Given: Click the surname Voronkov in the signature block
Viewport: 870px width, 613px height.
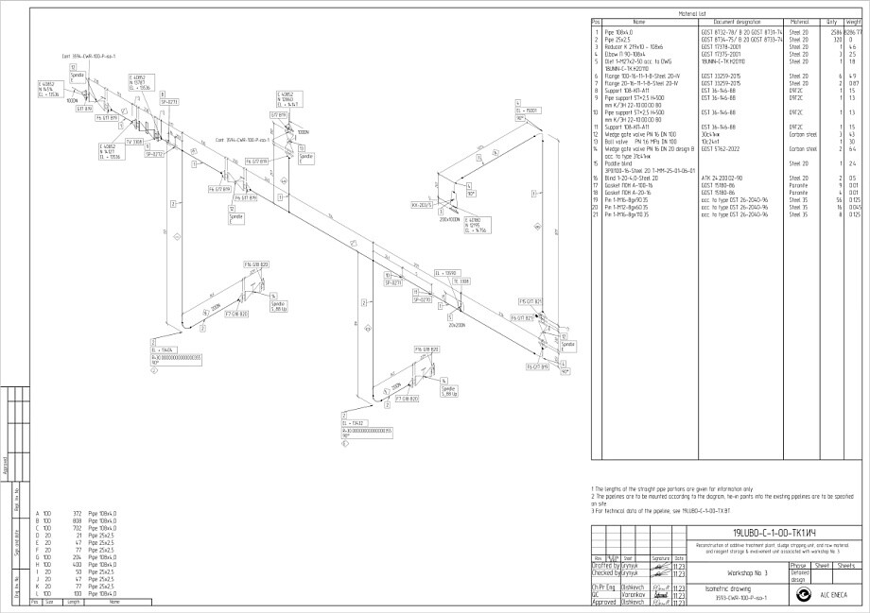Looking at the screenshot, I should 633,595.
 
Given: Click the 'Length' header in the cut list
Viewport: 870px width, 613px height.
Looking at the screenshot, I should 74,601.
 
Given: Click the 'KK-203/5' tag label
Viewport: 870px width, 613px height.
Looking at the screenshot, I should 421,204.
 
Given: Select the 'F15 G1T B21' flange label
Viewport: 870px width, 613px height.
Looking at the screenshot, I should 530,301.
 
